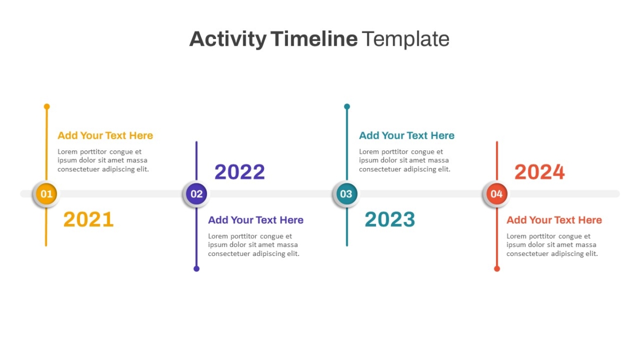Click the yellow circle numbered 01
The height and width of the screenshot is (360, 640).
[x=46, y=194]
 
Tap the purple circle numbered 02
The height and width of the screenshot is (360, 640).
[x=197, y=194]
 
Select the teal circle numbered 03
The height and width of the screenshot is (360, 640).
[x=347, y=194]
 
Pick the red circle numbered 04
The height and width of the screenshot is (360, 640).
[x=497, y=194]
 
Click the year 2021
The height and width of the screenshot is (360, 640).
[x=89, y=219]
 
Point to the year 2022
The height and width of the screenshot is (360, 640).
[x=239, y=172]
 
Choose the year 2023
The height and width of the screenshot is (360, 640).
[x=390, y=219]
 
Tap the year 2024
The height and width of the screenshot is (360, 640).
[x=539, y=172]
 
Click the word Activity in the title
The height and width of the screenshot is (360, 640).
[x=228, y=39]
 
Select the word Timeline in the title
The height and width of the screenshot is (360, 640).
[x=314, y=39]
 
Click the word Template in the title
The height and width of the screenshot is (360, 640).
[x=406, y=39]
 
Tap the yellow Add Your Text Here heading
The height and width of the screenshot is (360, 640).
[x=105, y=135]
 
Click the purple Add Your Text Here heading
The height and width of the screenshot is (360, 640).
[x=255, y=220]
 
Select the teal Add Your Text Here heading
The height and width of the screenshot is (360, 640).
[x=406, y=135]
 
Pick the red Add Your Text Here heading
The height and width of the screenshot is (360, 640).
[x=554, y=220]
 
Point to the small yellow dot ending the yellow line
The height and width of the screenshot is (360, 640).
[x=47, y=107]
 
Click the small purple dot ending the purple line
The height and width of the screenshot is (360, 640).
[x=197, y=269]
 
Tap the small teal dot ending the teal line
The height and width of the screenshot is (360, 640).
[x=347, y=107]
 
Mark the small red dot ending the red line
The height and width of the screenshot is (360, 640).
[x=497, y=269]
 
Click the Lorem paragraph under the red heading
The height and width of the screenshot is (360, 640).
[x=552, y=245]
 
